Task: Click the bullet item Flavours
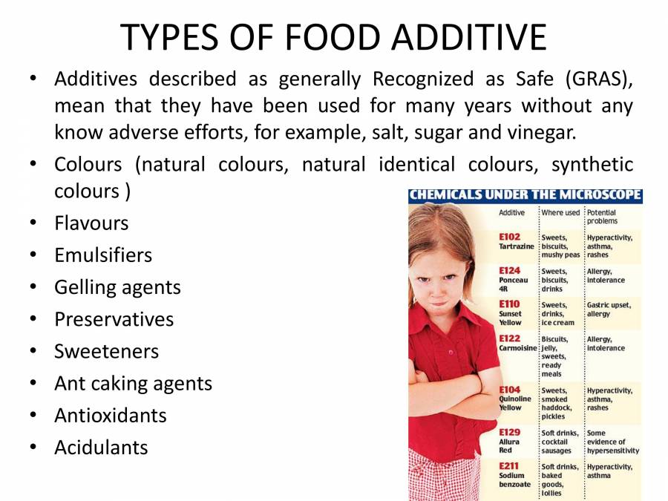(x=91, y=223)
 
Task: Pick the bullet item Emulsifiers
(x=103, y=255)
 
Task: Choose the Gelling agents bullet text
(x=117, y=287)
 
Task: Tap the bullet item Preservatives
(x=114, y=319)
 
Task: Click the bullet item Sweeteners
(x=106, y=351)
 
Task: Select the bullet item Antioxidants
(x=111, y=415)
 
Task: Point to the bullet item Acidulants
(x=101, y=447)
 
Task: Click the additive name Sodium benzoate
(x=514, y=479)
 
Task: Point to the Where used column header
(x=560, y=212)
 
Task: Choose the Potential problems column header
(x=602, y=217)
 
